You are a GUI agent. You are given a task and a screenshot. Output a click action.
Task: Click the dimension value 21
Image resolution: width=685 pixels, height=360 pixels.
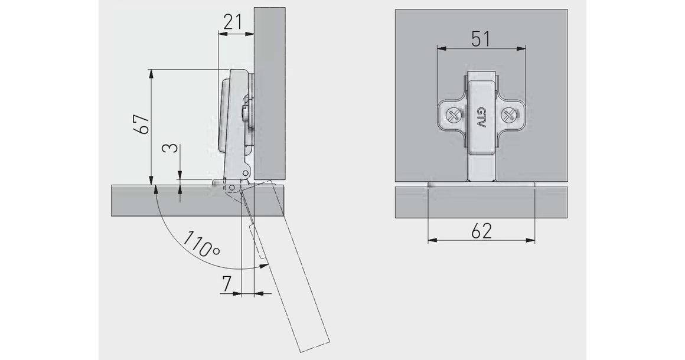[233, 22]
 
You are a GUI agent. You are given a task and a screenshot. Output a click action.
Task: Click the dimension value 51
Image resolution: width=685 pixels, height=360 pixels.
[480, 39]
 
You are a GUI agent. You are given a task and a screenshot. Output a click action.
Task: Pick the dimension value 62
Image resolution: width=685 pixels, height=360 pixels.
[481, 231]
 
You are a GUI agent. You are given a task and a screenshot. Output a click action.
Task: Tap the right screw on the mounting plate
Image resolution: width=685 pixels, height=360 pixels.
[508, 115]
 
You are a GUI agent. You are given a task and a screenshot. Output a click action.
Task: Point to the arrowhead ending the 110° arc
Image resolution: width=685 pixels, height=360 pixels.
[260, 267]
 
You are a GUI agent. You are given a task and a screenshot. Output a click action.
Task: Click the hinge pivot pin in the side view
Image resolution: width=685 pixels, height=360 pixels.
[232, 189]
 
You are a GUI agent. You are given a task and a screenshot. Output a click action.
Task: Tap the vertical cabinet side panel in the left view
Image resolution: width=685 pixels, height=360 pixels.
[269, 89]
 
